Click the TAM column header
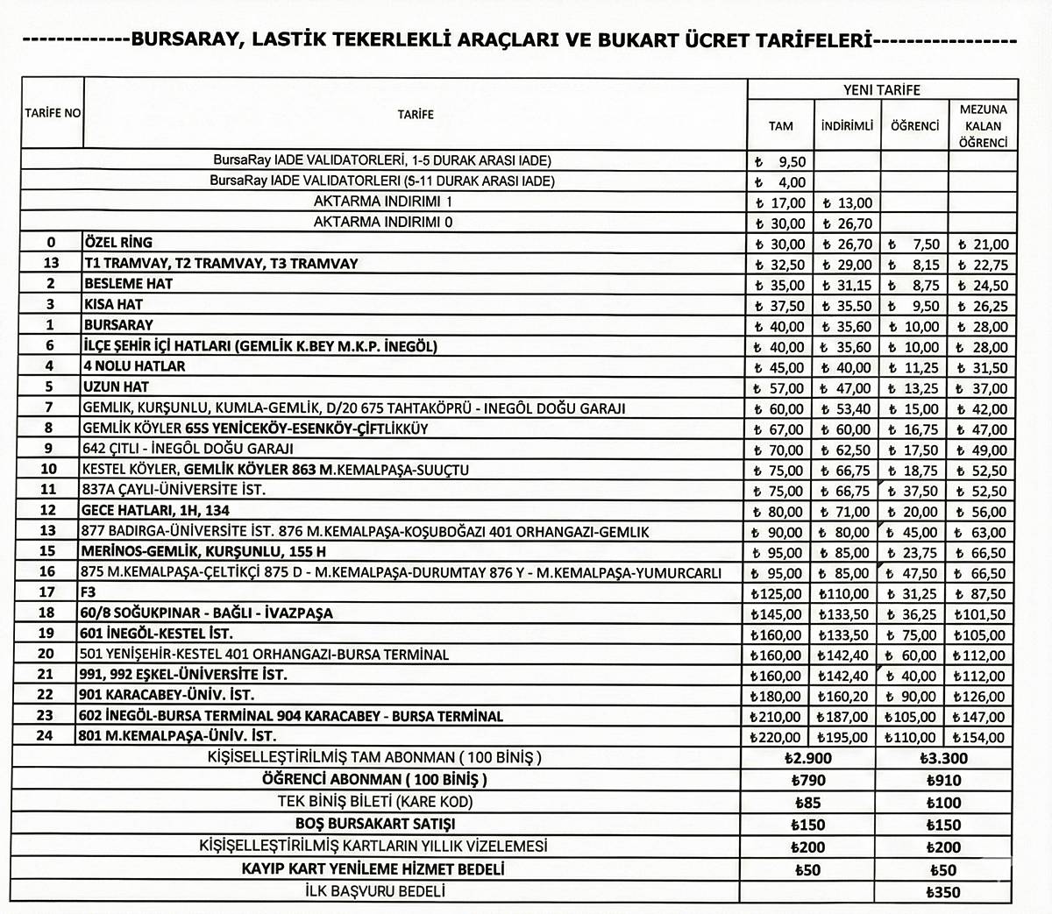click(780, 125)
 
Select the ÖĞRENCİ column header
click(914, 125)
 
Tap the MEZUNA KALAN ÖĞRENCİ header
click(983, 125)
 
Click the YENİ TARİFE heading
click(881, 89)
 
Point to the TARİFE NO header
click(53, 114)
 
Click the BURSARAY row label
click(118, 325)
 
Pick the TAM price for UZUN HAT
click(779, 388)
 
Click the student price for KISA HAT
click(914, 306)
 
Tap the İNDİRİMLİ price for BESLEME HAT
click(847, 285)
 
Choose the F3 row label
click(92, 593)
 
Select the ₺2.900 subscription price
click(808, 759)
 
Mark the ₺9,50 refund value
click(779, 161)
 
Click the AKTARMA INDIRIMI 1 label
click(383, 202)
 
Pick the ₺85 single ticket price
click(808, 803)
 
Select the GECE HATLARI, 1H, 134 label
click(158, 511)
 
